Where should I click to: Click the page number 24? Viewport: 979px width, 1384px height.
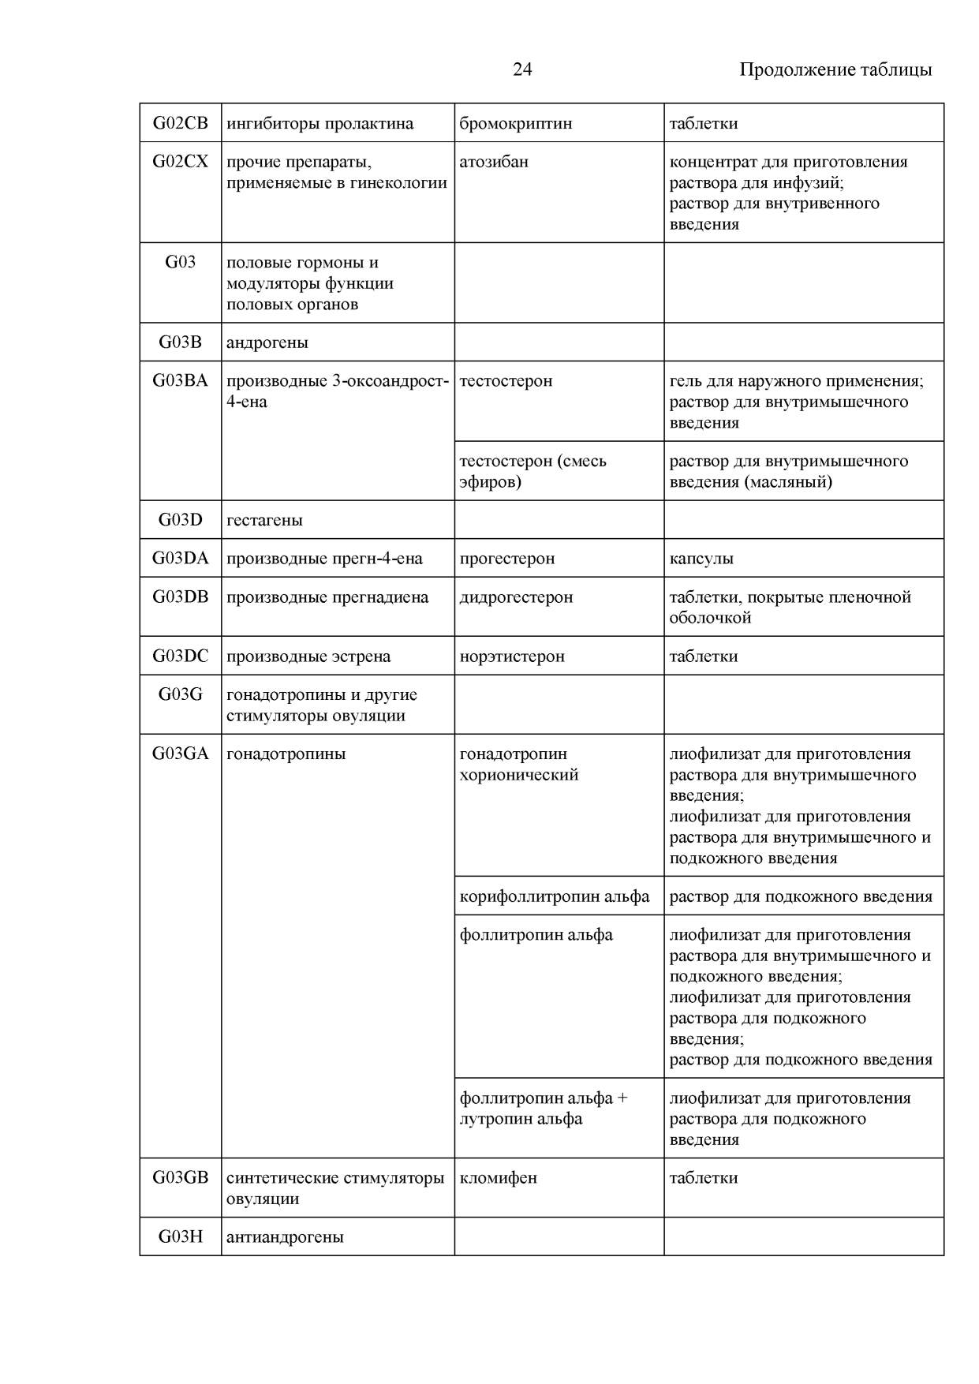[x=522, y=69]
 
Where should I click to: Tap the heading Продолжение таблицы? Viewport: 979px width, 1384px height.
[x=835, y=69]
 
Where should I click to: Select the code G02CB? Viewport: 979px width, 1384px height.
[x=180, y=123]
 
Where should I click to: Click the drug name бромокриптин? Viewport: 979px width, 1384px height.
[x=515, y=123]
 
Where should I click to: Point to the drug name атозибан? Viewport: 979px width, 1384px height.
[x=494, y=162]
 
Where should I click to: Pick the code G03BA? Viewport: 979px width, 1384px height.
[x=180, y=380]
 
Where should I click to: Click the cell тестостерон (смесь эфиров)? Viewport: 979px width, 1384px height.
[x=532, y=471]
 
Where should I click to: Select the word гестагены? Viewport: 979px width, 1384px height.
[x=264, y=520]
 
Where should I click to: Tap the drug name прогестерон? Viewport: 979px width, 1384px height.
[x=506, y=558]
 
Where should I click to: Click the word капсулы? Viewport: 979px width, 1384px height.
[x=701, y=558]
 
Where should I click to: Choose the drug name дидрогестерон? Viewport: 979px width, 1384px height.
[x=516, y=597]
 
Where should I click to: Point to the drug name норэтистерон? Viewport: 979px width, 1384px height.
[x=512, y=656]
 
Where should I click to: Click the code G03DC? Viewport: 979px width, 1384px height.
[x=180, y=656]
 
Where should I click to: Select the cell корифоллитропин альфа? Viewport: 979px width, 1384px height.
[x=555, y=896]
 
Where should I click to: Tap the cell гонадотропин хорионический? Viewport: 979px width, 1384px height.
[x=518, y=764]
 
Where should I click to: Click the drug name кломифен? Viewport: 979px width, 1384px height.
[x=498, y=1177]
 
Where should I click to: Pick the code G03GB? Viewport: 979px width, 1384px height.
[x=180, y=1177]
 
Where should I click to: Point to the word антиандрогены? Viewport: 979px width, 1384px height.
[x=285, y=1236]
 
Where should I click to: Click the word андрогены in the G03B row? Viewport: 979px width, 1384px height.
[x=267, y=342]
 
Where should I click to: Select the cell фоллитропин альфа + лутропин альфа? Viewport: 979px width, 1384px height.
[x=544, y=1108]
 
